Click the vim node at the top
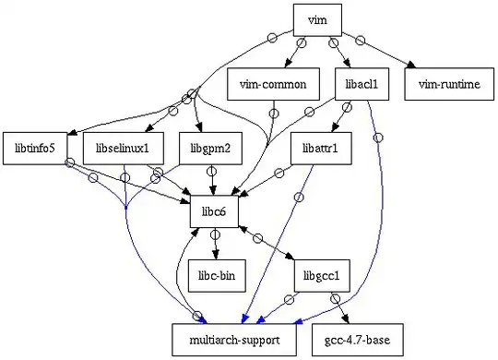coord(318,19)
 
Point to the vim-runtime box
coord(449,84)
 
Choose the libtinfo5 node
coord(35,147)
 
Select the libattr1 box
coord(320,147)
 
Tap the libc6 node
coord(214,211)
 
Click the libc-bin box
coord(215,275)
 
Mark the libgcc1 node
coord(320,275)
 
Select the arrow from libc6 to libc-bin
coord(215,244)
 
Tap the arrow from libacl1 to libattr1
coord(342,115)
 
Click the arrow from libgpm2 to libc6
coord(213,179)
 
